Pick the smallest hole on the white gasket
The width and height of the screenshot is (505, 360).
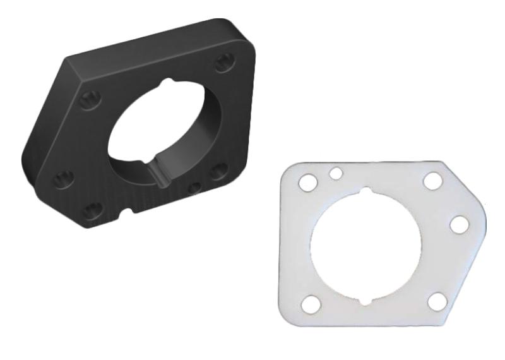(x=336, y=172)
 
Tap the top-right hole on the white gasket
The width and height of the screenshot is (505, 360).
(x=432, y=181)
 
